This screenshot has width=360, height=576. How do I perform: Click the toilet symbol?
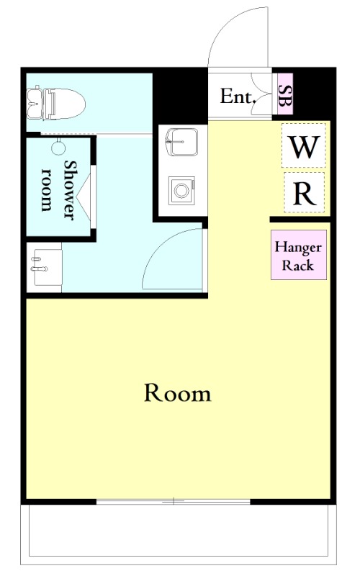point(56,103)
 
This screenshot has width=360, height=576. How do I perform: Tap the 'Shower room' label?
point(59,190)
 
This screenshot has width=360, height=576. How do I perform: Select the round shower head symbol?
point(58,148)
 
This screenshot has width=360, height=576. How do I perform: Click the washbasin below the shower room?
point(44,267)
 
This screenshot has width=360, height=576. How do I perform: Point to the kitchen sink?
point(182,142)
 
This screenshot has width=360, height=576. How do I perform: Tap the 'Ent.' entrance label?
point(238,96)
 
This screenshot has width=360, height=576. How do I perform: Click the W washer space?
point(304,146)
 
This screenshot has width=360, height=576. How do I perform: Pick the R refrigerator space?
point(304,192)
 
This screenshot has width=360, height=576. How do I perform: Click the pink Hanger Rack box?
point(299,256)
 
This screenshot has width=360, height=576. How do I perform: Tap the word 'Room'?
point(178,393)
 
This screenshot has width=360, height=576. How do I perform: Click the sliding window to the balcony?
point(174,501)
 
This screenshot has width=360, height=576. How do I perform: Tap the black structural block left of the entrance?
point(181,96)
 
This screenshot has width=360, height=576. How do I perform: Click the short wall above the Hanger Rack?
point(300,220)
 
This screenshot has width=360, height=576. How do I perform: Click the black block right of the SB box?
point(315,94)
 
